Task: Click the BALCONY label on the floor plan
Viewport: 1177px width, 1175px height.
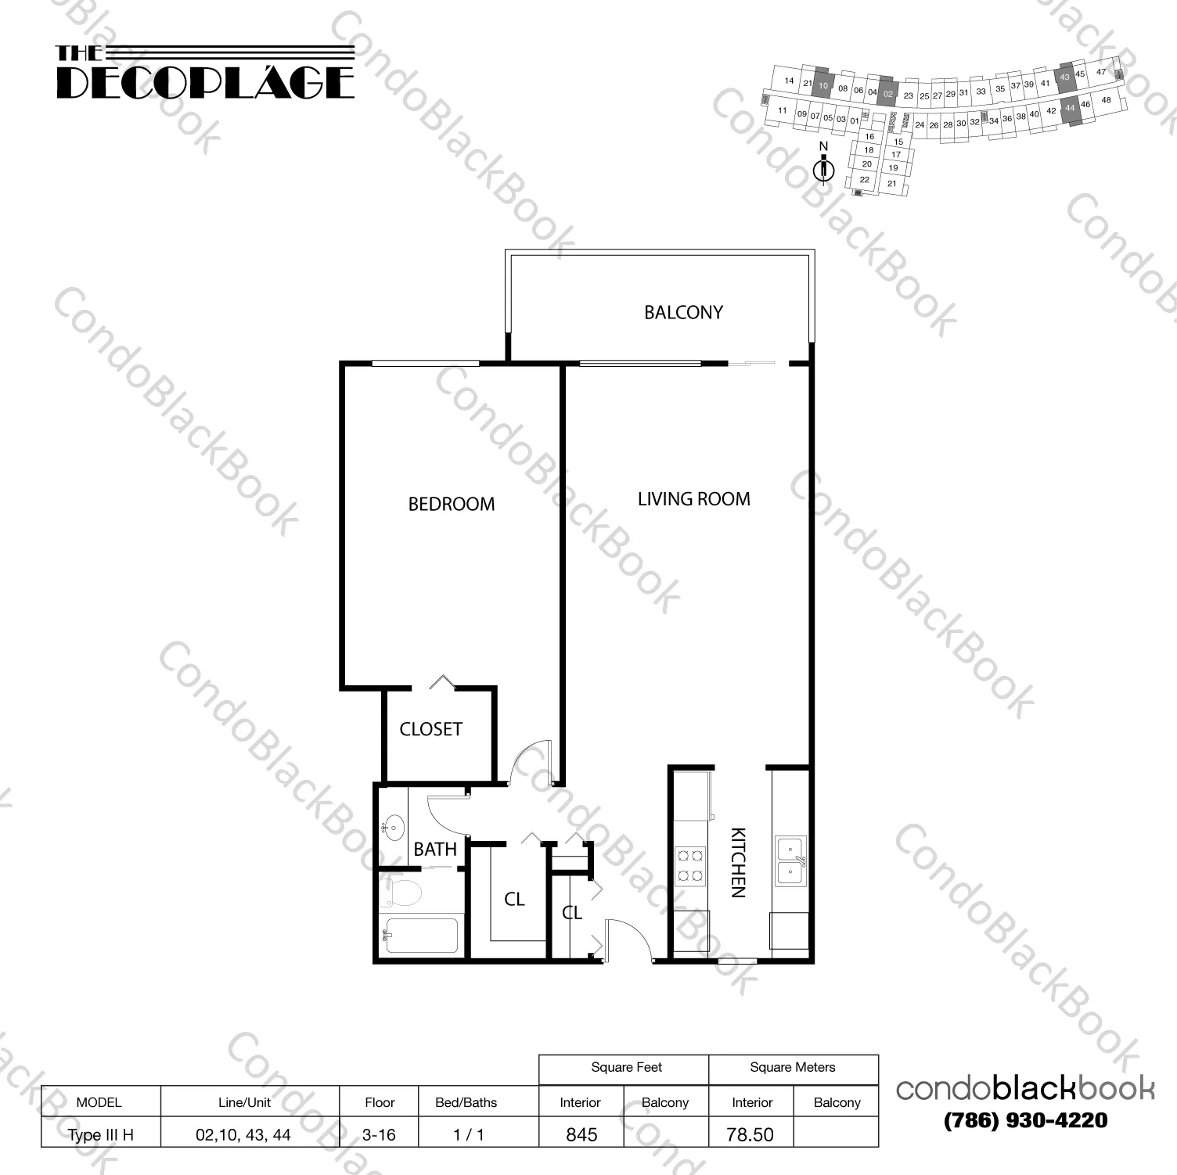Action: coord(683,312)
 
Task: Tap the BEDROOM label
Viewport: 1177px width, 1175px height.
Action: coord(452,504)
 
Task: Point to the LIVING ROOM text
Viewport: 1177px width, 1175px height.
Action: coord(693,499)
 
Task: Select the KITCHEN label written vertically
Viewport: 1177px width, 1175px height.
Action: coord(738,862)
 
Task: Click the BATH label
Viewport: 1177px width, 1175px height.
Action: coord(435,849)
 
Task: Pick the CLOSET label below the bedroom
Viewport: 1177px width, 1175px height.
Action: coord(430,729)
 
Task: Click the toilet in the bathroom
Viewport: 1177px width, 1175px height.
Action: coord(401,891)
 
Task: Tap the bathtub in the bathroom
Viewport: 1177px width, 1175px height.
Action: coord(419,935)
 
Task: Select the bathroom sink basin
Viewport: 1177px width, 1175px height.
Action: coord(393,826)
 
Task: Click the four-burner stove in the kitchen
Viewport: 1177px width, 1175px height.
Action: coord(689,866)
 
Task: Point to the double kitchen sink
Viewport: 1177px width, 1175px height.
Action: coord(790,861)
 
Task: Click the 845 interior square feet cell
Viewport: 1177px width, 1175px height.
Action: coord(581,1134)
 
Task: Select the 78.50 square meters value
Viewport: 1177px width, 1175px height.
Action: coord(750,1134)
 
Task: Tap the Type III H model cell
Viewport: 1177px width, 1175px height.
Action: coord(100,1134)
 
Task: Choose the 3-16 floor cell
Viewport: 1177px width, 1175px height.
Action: coord(379,1134)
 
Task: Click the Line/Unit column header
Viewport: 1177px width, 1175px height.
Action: coord(244,1102)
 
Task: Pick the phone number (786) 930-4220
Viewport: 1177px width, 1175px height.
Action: coord(1025,1120)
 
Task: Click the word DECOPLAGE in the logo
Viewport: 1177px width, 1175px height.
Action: coord(205,82)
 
